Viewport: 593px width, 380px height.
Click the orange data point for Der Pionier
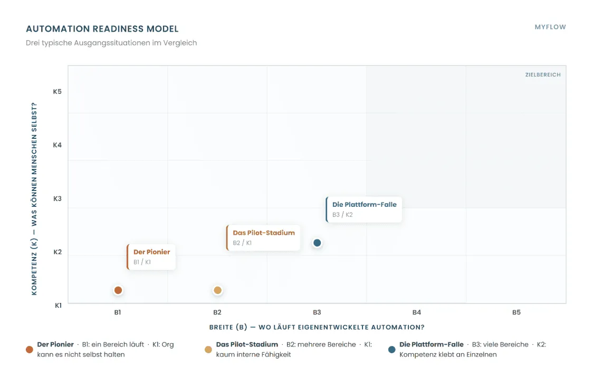(118, 290)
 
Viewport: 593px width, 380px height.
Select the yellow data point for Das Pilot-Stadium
(217, 290)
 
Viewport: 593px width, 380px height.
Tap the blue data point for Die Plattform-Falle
(317, 243)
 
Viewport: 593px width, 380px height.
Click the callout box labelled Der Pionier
(151, 257)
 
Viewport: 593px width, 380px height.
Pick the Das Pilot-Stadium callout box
(263, 237)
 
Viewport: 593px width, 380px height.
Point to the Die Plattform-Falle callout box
(364, 210)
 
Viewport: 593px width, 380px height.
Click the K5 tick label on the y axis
(57, 92)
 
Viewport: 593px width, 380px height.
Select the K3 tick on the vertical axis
(57, 198)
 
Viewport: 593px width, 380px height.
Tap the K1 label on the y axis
(58, 306)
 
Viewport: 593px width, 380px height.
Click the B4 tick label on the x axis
(416, 312)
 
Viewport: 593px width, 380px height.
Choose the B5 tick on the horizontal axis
(516, 312)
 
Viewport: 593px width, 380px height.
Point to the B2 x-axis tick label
(217, 312)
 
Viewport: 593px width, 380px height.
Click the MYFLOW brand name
(550, 27)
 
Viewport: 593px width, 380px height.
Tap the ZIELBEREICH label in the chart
(543, 75)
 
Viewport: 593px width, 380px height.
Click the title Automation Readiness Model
(102, 29)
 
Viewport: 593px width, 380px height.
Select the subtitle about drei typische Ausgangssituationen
(111, 43)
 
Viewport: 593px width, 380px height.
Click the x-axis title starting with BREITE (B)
(317, 327)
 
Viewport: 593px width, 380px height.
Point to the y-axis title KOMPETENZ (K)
(34, 198)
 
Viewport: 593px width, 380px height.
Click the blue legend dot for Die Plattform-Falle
(392, 349)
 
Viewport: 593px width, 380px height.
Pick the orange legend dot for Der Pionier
(30, 349)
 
